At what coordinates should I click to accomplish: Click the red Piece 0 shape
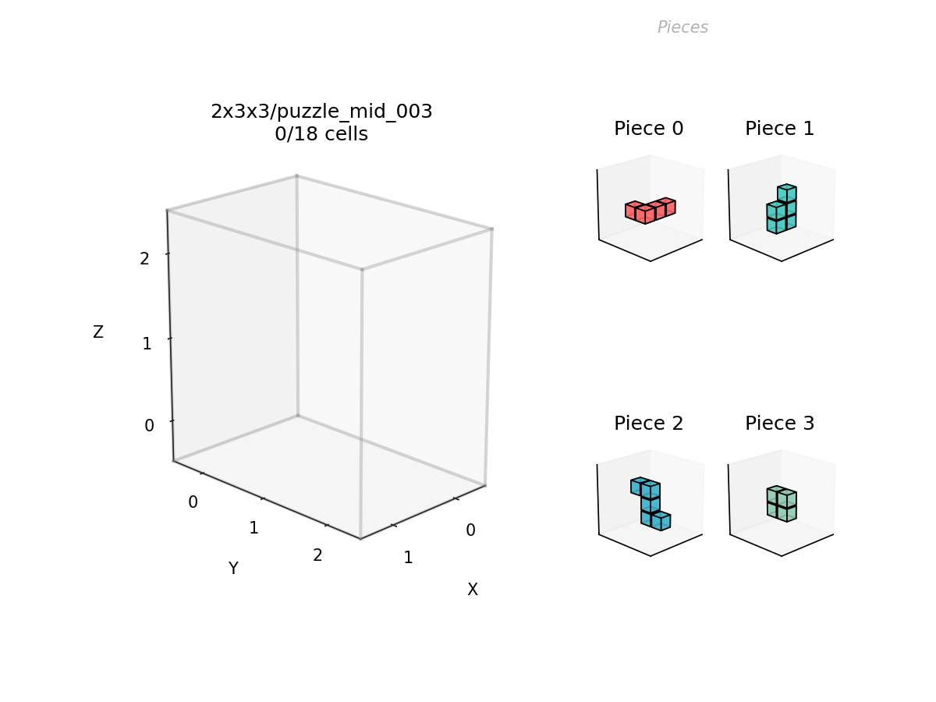click(650, 211)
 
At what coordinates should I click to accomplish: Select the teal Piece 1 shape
click(782, 209)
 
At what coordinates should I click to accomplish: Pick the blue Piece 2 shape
click(651, 504)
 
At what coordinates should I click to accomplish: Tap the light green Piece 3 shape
click(782, 504)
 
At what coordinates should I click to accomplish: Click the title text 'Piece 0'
click(649, 128)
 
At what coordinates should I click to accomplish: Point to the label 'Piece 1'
click(779, 128)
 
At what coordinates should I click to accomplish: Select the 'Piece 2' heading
click(649, 424)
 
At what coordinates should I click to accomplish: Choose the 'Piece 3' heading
click(779, 424)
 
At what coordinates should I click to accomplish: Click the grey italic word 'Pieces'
click(682, 27)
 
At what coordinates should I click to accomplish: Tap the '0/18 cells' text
click(321, 134)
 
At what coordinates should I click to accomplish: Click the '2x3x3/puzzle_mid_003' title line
click(321, 112)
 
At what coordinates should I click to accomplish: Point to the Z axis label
click(98, 332)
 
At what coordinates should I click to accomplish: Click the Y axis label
click(233, 568)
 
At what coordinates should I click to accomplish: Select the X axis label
click(473, 590)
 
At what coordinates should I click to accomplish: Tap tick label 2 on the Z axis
click(144, 259)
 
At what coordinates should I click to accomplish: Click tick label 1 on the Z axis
click(147, 343)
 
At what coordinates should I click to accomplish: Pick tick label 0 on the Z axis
click(149, 425)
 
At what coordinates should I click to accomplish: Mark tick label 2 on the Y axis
click(317, 555)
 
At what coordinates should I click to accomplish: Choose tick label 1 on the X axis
click(408, 558)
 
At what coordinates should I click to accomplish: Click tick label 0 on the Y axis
click(193, 502)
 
